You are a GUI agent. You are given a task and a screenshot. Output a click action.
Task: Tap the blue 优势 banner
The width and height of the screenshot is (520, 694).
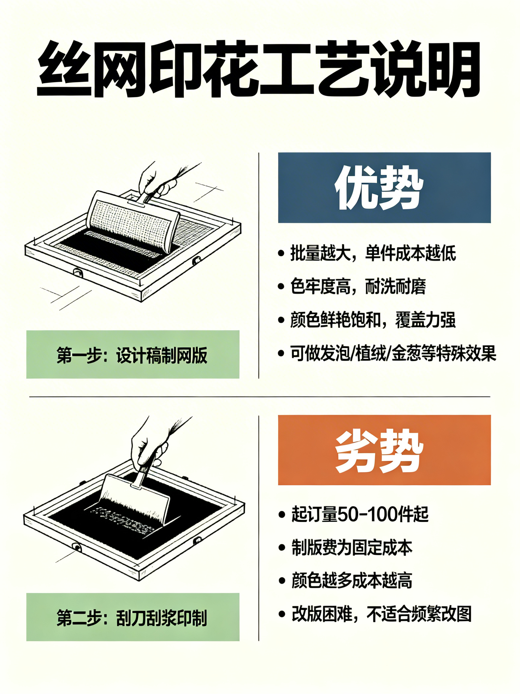pyautogui.click(x=384, y=188)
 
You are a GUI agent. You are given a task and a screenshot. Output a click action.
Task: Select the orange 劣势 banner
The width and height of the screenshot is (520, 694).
pyautogui.click(x=384, y=450)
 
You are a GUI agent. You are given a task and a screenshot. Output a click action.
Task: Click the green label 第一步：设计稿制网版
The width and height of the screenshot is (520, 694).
pyautogui.click(x=133, y=355)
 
